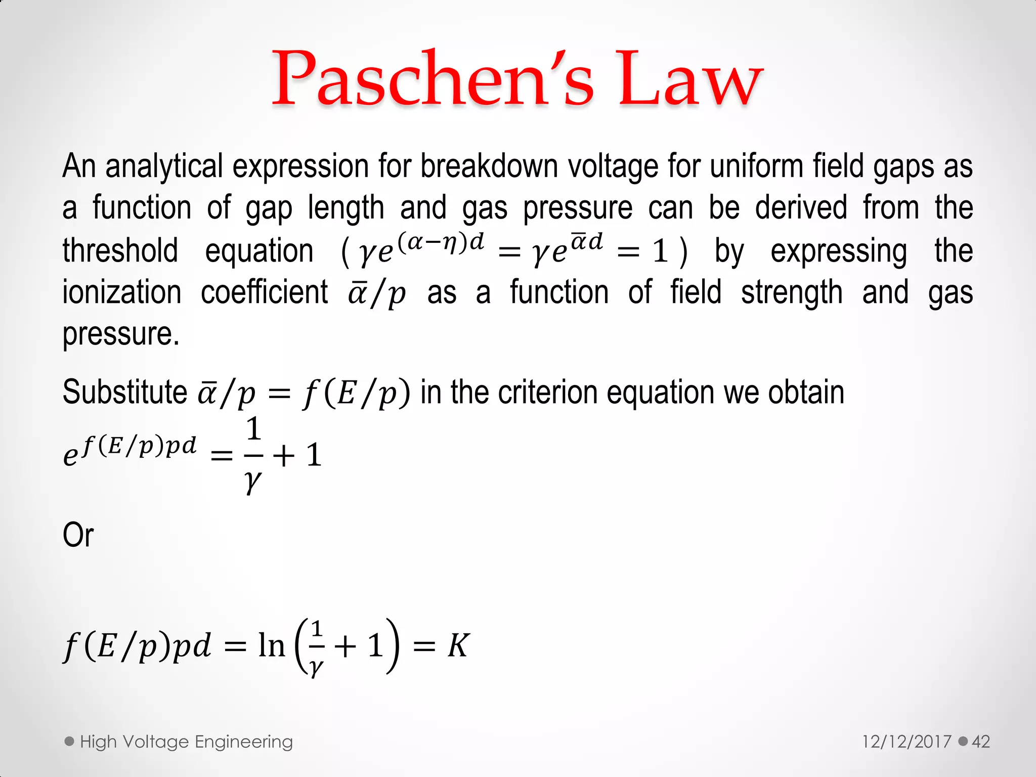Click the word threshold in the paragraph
click(x=120, y=250)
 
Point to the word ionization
click(x=122, y=292)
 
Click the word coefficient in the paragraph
click(x=264, y=292)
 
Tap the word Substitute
click(x=125, y=392)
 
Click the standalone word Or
click(x=78, y=535)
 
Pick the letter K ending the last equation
click(x=458, y=646)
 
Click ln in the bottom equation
click(x=272, y=646)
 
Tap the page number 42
click(x=981, y=742)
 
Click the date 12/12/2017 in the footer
click(x=906, y=742)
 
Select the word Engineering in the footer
click(x=244, y=742)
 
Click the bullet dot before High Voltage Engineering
click(x=70, y=742)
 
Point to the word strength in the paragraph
click(x=792, y=292)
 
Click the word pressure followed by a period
click(x=120, y=335)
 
